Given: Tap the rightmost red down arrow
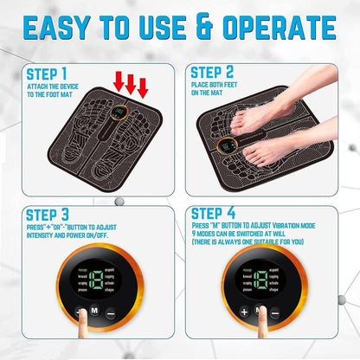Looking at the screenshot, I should click(x=143, y=87).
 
